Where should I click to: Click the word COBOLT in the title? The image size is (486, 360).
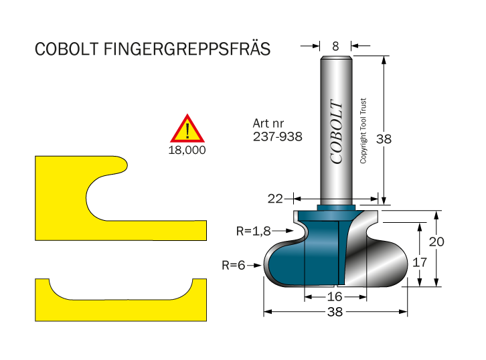click(x=66, y=50)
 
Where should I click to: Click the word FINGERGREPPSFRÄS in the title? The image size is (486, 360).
click(x=187, y=50)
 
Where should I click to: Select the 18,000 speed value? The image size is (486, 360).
click(x=187, y=150)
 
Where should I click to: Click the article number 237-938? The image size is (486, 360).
click(x=277, y=136)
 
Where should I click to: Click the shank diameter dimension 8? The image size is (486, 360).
click(x=335, y=46)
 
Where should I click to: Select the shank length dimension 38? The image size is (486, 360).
click(x=384, y=139)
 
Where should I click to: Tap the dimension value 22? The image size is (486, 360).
click(x=274, y=199)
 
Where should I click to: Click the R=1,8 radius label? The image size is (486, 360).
click(x=253, y=232)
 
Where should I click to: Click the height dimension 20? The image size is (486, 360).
click(x=436, y=242)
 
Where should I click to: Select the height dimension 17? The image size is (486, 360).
click(x=419, y=262)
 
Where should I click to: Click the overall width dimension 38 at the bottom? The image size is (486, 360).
click(x=335, y=312)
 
